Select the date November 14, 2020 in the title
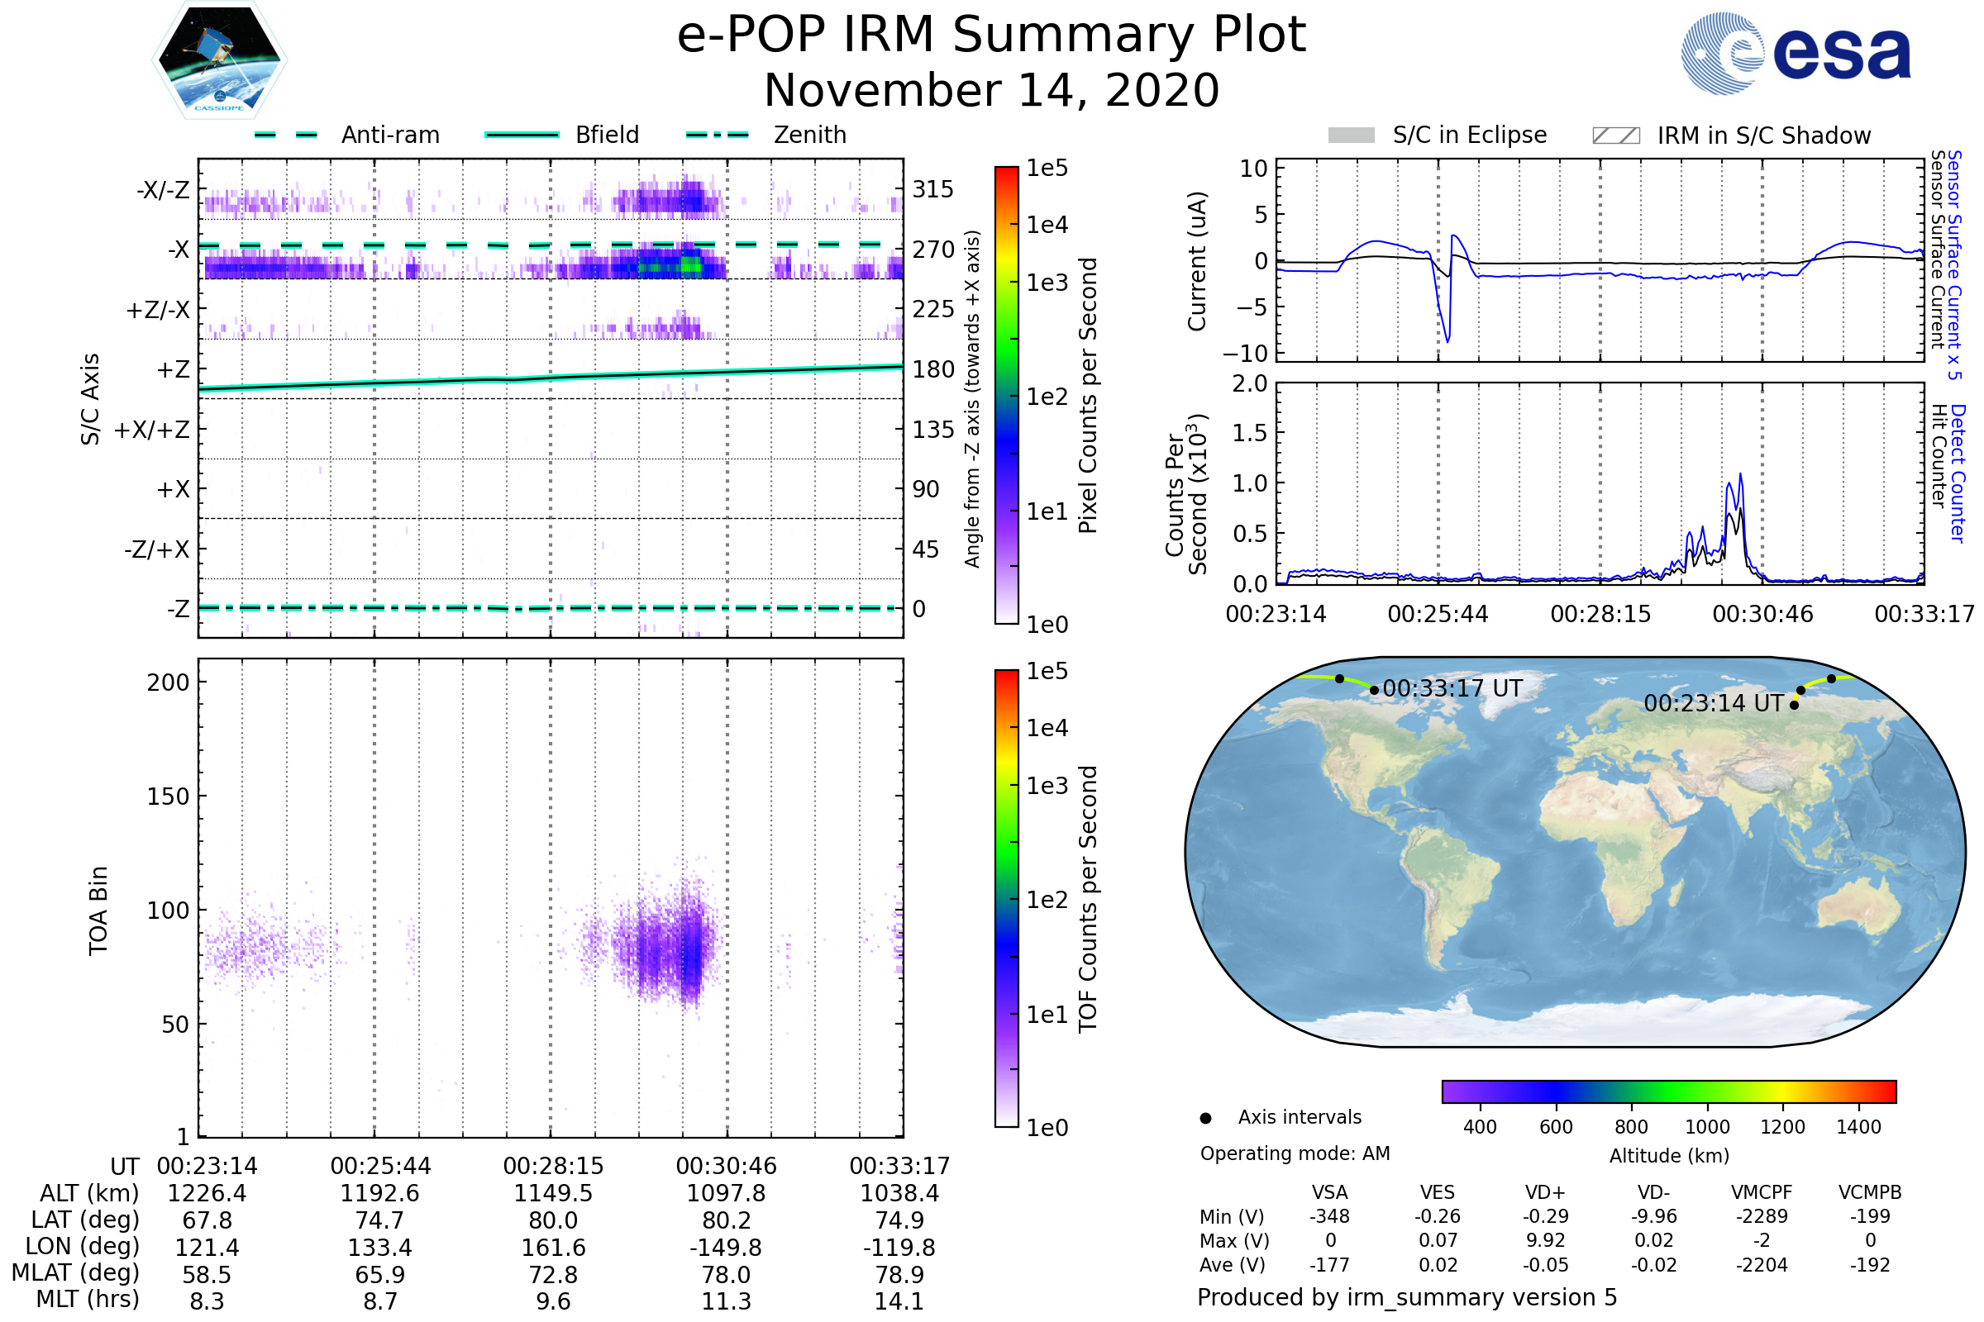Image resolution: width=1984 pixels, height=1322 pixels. click(x=991, y=91)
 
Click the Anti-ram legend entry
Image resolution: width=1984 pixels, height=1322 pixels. click(x=389, y=135)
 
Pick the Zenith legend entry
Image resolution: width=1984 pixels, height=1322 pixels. click(x=809, y=135)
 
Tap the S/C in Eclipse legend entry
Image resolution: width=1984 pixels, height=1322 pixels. click(x=1469, y=135)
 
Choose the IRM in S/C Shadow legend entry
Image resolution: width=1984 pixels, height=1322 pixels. click(x=1763, y=136)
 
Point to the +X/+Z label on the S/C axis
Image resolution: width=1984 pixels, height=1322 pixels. click(x=152, y=430)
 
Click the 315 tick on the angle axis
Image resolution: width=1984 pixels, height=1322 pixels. click(x=932, y=189)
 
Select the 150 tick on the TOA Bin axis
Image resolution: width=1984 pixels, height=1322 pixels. click(x=168, y=796)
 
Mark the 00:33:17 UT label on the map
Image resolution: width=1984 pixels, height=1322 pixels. click(x=1452, y=689)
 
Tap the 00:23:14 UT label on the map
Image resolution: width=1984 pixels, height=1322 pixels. click(x=1713, y=703)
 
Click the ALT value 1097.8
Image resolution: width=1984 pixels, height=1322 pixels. click(x=726, y=1193)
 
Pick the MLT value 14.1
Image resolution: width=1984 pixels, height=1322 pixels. click(x=899, y=1301)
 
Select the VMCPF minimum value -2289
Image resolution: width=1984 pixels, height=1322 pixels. click(x=1762, y=1216)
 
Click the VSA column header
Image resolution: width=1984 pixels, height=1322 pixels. click(x=1329, y=1192)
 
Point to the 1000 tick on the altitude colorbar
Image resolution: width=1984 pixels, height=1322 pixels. click(x=1706, y=1127)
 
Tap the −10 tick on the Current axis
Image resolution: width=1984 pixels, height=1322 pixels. click(x=1246, y=354)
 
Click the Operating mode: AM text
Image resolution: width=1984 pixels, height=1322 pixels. click(x=1295, y=1153)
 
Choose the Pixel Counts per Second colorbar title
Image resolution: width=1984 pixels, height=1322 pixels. click(x=1088, y=396)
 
